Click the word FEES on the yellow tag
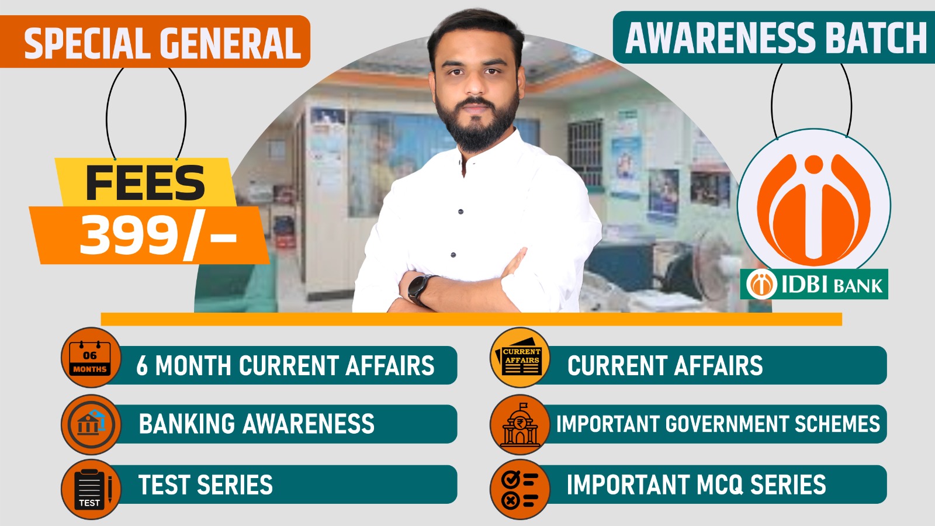point(146,183)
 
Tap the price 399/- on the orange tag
point(158,236)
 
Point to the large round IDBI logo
point(813,205)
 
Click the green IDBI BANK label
point(814,284)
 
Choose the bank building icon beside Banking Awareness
point(91,424)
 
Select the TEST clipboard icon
point(91,489)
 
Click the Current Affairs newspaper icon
point(520,358)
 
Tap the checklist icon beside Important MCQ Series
point(520,489)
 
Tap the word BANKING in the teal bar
point(187,424)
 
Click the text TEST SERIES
point(205,485)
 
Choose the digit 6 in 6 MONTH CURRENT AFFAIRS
point(142,365)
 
